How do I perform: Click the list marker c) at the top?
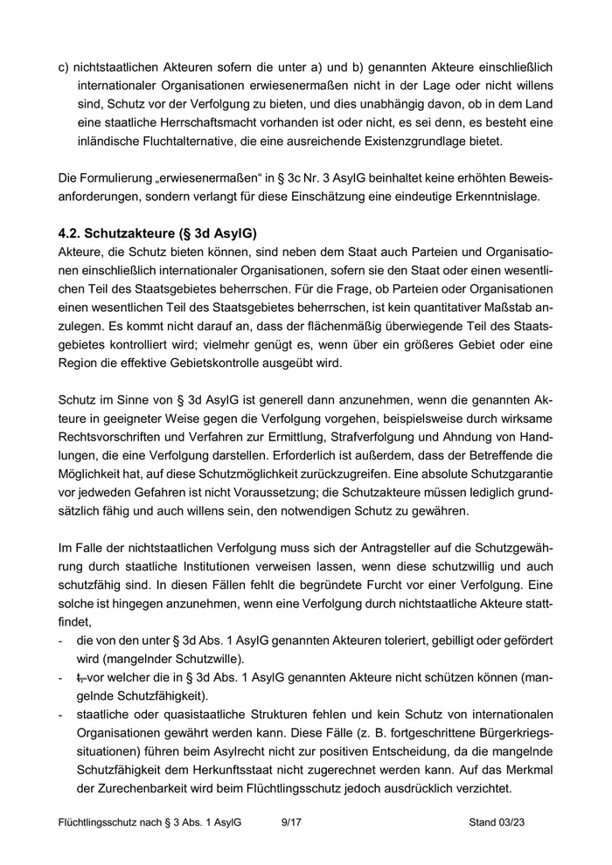[x=64, y=66]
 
